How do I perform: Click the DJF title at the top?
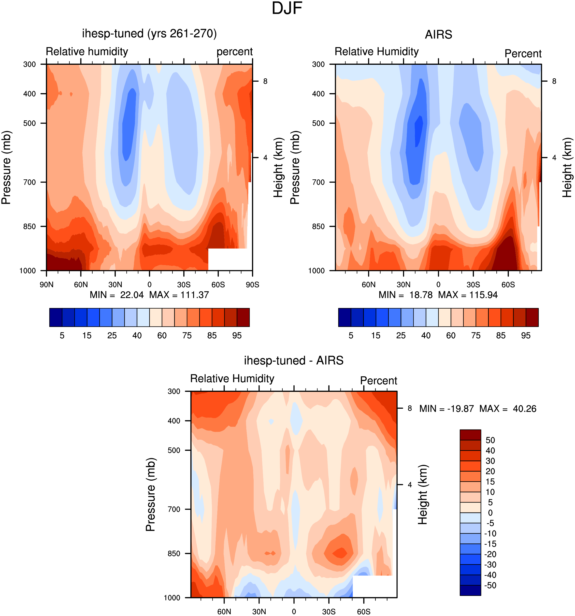287,8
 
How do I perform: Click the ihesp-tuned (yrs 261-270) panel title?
149,34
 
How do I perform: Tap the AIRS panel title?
438,34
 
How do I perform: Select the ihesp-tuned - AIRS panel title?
294,360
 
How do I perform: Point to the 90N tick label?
47,284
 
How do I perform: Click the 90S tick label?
252,284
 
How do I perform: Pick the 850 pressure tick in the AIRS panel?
319,226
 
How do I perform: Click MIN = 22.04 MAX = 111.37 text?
149,295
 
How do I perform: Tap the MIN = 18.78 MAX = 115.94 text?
438,295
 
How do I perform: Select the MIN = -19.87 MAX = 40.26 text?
478,409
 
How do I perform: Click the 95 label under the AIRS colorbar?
526,336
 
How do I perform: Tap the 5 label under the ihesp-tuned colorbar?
62,336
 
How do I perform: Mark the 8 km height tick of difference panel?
410,408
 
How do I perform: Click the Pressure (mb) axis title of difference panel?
150,494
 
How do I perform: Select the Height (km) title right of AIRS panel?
567,168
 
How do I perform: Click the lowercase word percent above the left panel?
235,52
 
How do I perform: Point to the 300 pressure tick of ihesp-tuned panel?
30,64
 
